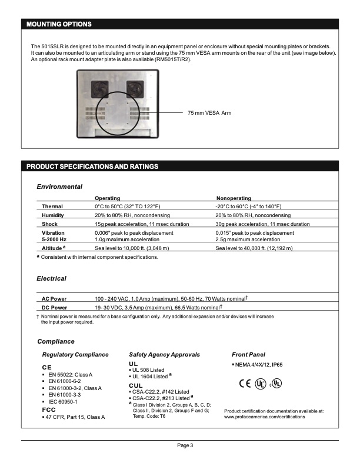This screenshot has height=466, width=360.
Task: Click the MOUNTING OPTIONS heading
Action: [x=59, y=24]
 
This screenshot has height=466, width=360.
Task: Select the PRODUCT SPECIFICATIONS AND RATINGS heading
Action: [x=92, y=167]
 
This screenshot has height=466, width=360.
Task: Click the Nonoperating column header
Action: [x=234, y=199]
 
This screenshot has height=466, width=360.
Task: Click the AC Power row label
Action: [x=54, y=299]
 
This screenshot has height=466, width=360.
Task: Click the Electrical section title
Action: [x=52, y=278]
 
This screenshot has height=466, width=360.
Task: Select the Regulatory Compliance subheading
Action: [x=75, y=355]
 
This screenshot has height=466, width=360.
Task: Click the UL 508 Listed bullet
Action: [x=148, y=370]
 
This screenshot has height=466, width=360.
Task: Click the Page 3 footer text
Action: [x=185, y=445]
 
